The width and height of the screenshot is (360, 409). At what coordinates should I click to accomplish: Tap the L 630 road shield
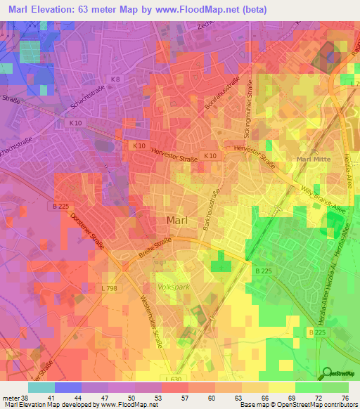click(x=172, y=379)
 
